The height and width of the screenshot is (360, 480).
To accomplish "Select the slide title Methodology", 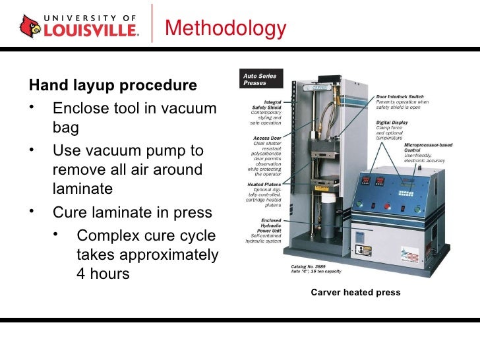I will (x=225, y=28).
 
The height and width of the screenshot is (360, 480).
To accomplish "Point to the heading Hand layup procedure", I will (x=113, y=86).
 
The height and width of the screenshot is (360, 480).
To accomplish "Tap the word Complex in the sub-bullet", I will (x=107, y=235).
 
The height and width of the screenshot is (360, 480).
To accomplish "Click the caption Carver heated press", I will (x=356, y=292).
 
